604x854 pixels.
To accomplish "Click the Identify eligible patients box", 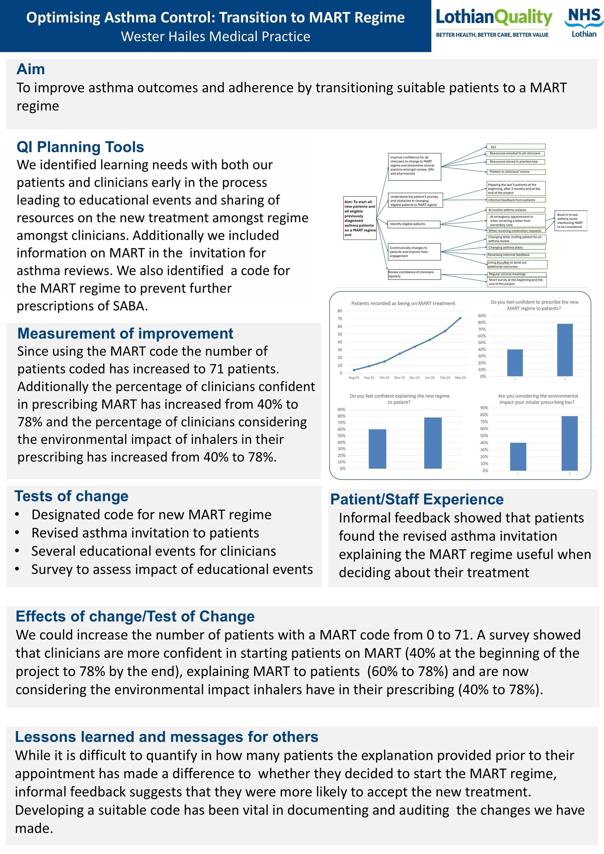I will click(414, 224).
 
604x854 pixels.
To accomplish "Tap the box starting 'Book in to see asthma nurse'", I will click(570, 221).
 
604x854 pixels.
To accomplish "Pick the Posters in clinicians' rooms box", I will click(516, 172).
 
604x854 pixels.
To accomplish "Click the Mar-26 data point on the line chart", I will click(460, 318).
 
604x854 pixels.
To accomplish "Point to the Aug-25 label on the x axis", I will click(354, 377).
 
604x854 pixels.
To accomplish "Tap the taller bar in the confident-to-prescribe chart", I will click(565, 350).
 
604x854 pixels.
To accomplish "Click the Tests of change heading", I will click(72, 496).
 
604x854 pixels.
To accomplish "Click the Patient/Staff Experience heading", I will click(417, 499).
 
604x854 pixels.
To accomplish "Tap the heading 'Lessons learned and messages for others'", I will click(167, 737).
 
